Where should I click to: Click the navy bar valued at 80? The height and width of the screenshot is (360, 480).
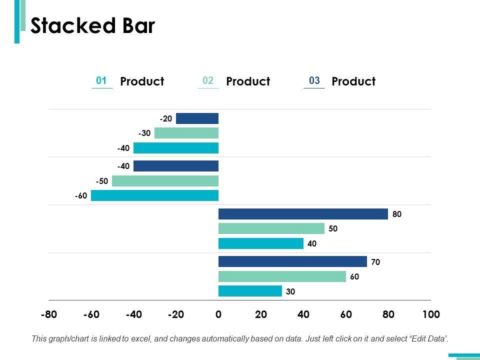click(303, 214)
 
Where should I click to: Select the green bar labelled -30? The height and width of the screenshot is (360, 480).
click(186, 133)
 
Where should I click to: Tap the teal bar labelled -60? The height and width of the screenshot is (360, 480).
click(154, 195)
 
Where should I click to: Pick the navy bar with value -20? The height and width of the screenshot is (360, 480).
click(197, 118)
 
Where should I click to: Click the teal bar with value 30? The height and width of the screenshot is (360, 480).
click(250, 291)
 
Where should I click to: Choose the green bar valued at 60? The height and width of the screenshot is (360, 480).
click(282, 276)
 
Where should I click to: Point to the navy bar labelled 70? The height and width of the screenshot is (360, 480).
click(292, 261)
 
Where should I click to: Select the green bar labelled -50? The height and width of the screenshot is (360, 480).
click(165, 181)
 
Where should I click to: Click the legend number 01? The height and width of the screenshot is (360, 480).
click(101, 80)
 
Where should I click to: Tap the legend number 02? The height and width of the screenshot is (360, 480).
click(208, 80)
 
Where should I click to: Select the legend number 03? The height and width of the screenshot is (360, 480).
click(314, 80)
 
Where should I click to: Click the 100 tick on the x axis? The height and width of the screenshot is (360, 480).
click(431, 314)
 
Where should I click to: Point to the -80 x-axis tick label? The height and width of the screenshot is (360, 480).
click(48, 314)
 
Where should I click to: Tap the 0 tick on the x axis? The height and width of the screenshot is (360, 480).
click(218, 314)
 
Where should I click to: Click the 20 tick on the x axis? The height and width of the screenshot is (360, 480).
click(261, 314)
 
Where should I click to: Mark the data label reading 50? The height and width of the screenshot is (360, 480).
click(333, 229)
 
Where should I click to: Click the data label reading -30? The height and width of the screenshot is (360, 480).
click(145, 133)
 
